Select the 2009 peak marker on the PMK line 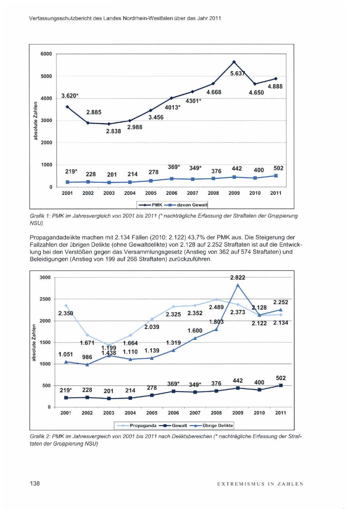(x=234, y=62)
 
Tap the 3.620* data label (x=70, y=96)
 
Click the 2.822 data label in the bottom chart (x=238, y=277)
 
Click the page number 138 (x=35, y=484)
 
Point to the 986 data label (x=87, y=357)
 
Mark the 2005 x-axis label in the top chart (x=150, y=193)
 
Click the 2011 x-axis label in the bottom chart (x=281, y=413)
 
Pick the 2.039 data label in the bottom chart (x=152, y=327)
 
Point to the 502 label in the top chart (x=278, y=168)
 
